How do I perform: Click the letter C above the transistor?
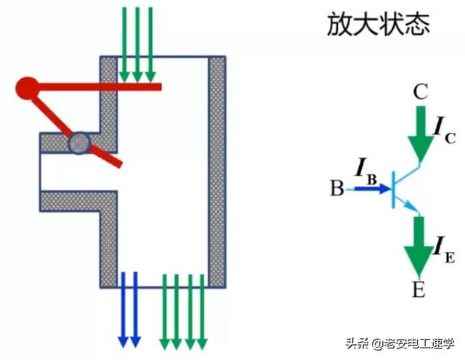pyautogui.click(x=419, y=92)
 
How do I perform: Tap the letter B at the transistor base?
pyautogui.click(x=336, y=189)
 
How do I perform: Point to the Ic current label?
pyautogui.click(x=445, y=128)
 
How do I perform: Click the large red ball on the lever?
pyautogui.click(x=27, y=89)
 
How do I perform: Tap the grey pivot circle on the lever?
pyautogui.click(x=78, y=142)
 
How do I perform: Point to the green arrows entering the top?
pyautogui.click(x=137, y=44)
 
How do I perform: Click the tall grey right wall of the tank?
pyautogui.click(x=217, y=171)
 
